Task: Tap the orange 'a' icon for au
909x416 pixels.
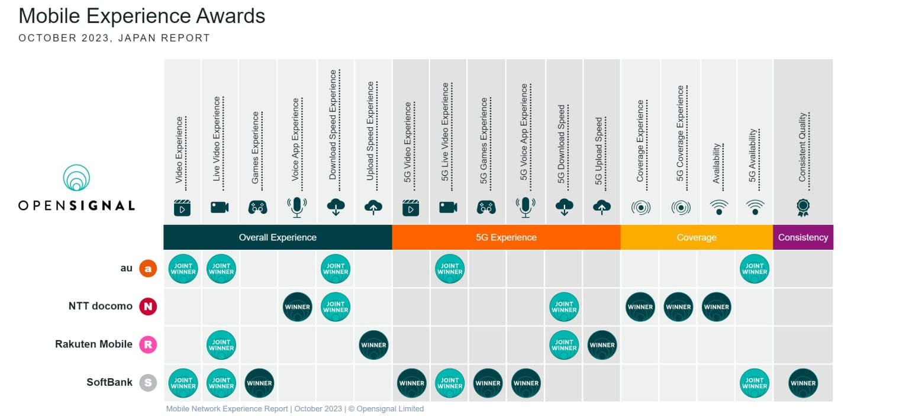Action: pyautogui.click(x=148, y=269)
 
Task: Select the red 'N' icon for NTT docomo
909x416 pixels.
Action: pyautogui.click(x=148, y=307)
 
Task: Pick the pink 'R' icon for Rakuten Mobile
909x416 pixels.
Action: pyautogui.click(x=148, y=344)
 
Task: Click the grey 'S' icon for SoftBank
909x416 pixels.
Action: pyautogui.click(x=148, y=383)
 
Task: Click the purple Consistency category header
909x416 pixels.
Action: pyautogui.click(x=802, y=237)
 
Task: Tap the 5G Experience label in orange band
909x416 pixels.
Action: pyautogui.click(x=506, y=237)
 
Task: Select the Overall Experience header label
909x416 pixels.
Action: pyautogui.click(x=278, y=237)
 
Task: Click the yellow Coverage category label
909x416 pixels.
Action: pyautogui.click(x=696, y=237)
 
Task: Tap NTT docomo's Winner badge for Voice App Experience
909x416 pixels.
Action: pyautogui.click(x=298, y=307)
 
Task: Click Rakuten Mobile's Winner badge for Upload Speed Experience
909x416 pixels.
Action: pyautogui.click(x=373, y=345)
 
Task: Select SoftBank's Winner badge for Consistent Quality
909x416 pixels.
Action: pyautogui.click(x=803, y=383)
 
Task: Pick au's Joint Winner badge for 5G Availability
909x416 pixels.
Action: pyautogui.click(x=754, y=269)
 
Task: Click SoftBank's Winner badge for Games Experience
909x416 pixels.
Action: pyautogui.click(x=259, y=383)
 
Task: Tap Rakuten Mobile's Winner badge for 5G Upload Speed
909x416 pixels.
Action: pyautogui.click(x=602, y=345)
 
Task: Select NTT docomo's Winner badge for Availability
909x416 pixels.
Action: pyautogui.click(x=716, y=307)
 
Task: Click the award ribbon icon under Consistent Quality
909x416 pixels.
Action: pyautogui.click(x=803, y=207)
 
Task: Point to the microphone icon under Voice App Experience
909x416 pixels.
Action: pyautogui.click(x=296, y=207)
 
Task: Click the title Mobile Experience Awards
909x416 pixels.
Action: pyautogui.click(x=142, y=16)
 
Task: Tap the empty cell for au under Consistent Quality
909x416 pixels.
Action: pyautogui.click(x=803, y=269)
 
